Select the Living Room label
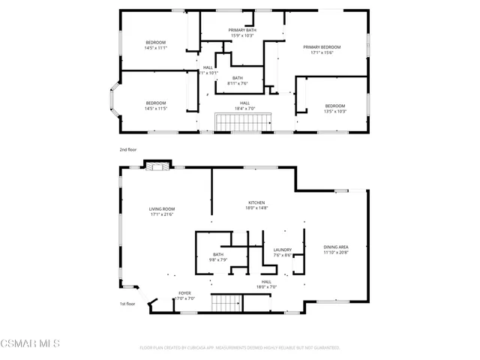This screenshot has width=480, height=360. coord(162,209)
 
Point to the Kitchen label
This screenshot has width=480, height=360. coord(257,202)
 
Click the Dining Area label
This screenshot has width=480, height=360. coord(336,247)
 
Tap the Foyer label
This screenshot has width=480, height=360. coord(184,292)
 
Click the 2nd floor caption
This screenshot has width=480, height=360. coord(127,149)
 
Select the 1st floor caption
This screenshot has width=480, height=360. coord(127,304)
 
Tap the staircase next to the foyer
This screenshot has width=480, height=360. coord(226,304)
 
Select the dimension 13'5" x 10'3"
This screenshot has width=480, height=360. coord(334,111)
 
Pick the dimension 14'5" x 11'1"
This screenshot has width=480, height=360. coord(155,47)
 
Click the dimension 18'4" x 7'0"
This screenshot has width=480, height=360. coord(244,108)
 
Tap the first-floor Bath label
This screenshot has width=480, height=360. coord(217,254)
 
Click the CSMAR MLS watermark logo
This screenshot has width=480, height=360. coord(30,345)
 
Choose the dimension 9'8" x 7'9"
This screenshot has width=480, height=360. coord(217,260)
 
